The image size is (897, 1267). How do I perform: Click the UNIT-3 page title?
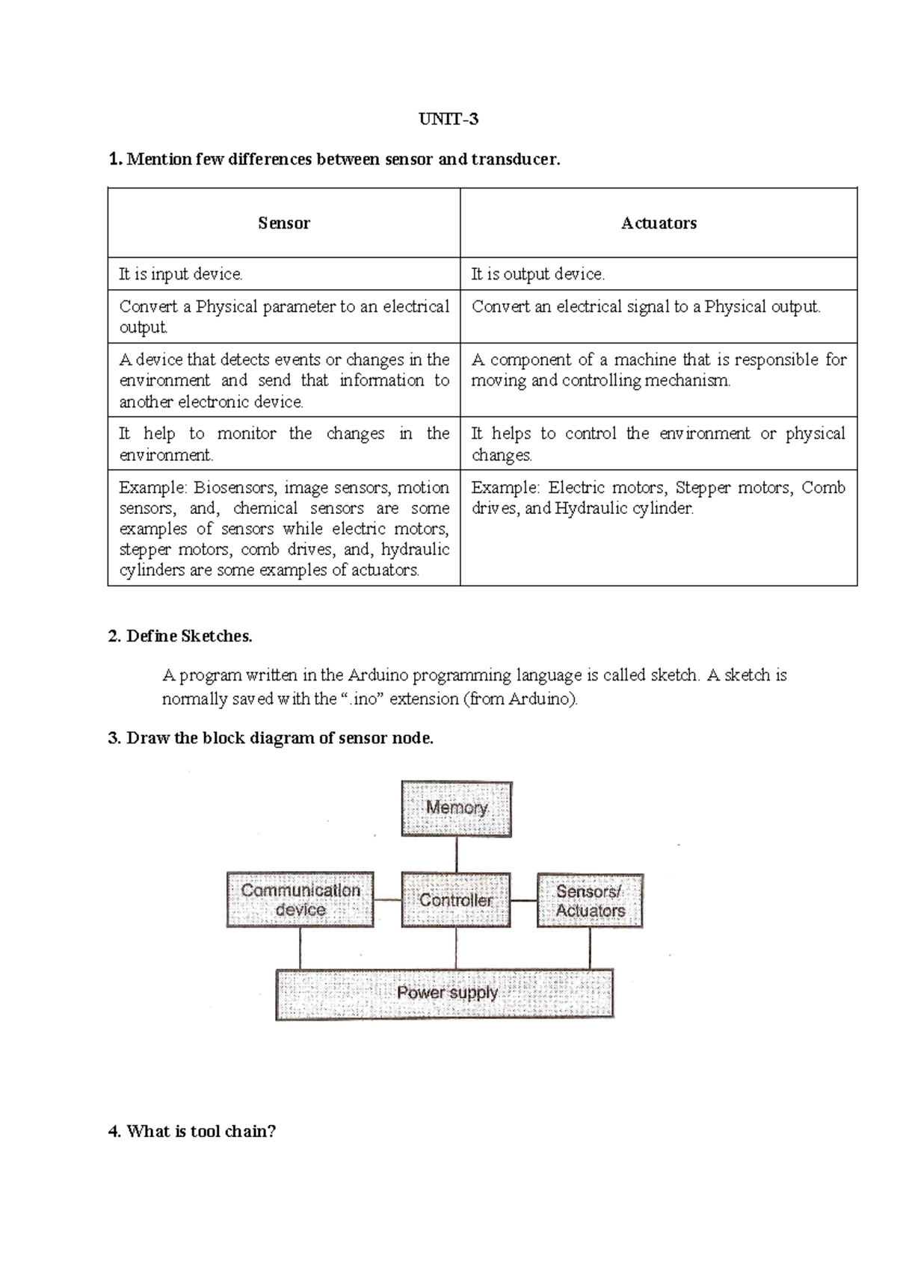click(448, 120)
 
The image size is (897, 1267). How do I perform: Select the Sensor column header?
click(284, 223)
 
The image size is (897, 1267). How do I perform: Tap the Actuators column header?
click(659, 223)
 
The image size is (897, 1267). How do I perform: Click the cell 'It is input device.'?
click(181, 274)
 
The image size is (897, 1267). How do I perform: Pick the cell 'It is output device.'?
click(537, 274)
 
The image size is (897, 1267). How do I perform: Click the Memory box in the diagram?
click(457, 808)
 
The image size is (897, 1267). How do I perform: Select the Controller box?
click(456, 900)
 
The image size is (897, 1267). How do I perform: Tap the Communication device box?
click(300, 900)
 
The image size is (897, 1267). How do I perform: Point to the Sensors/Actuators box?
click(590, 901)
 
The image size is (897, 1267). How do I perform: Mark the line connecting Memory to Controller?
click(456, 854)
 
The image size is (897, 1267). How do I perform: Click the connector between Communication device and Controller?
click(387, 900)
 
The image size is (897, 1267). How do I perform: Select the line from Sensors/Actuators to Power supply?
click(590, 949)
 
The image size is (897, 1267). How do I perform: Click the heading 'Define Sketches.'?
click(189, 636)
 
